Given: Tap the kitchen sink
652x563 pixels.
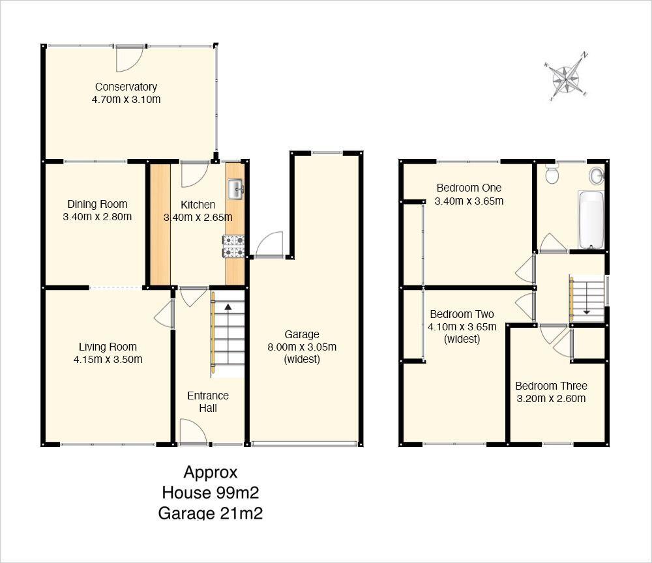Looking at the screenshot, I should (x=235, y=190).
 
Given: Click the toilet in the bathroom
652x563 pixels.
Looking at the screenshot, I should (x=552, y=174).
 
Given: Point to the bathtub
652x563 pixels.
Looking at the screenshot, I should (x=591, y=220).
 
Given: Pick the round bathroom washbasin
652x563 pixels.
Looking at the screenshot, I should (x=596, y=175).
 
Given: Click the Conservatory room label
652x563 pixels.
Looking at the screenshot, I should (x=126, y=87).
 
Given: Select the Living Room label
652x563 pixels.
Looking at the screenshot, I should (x=108, y=347).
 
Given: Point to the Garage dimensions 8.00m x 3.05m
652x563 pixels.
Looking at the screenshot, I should (x=302, y=347).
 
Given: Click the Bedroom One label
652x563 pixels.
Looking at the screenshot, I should (x=469, y=188).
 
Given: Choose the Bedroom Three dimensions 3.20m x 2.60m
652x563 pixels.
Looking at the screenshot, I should (x=551, y=399).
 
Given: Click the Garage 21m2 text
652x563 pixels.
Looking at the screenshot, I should (x=210, y=513).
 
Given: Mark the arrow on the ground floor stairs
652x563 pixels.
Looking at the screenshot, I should (x=228, y=307).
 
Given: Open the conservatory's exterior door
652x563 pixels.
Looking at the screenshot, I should (x=130, y=58).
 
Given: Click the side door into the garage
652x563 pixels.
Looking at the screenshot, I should (x=269, y=246).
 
